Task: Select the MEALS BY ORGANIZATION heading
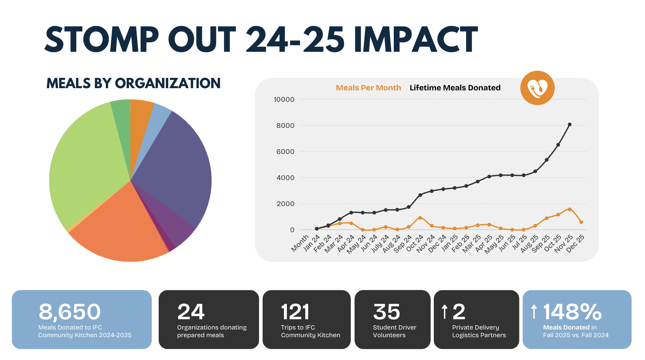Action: [x=133, y=83]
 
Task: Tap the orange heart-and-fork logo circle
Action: [x=537, y=88]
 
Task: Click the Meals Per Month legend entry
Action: [x=368, y=88]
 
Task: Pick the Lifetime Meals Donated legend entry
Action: [x=455, y=88]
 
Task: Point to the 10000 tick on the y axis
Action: [x=284, y=100]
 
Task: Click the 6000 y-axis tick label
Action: [x=285, y=152]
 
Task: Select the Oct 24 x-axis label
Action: [x=414, y=243]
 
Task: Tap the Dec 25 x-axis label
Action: [x=575, y=243]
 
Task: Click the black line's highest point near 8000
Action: [x=570, y=125]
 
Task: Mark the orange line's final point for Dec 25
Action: [x=581, y=222]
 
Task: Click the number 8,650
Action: [x=69, y=312]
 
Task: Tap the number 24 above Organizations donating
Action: [x=191, y=312]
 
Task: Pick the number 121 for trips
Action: [x=295, y=312]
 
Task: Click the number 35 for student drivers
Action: [x=386, y=312]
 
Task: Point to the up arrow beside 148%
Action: [x=534, y=312]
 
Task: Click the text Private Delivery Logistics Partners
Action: [x=479, y=331]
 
